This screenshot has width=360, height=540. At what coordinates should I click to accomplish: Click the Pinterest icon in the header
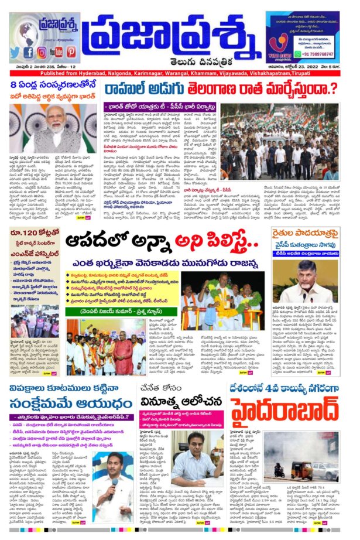tap(71, 52)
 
